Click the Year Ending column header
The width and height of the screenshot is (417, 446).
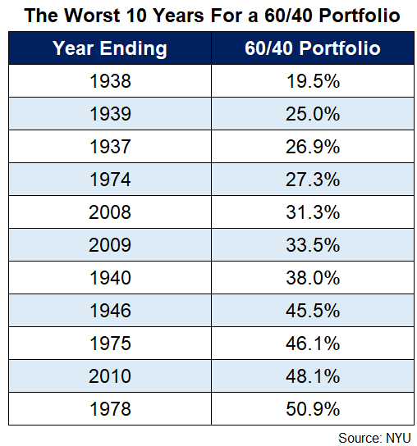110,48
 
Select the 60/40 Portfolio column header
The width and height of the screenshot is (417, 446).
313,48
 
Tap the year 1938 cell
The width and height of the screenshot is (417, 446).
110,81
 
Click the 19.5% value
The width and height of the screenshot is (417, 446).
313,81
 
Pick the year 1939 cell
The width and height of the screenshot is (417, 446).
110,114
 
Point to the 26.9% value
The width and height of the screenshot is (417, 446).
313,147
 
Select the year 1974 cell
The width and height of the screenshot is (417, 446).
110,180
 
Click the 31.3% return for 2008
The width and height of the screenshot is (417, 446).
313,212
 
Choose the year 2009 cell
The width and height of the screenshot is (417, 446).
110,245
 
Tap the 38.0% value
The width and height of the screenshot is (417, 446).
313,278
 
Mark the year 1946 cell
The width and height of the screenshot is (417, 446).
110,311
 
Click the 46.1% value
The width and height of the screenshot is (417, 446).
313,344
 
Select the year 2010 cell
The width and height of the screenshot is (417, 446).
110,376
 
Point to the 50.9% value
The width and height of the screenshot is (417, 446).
313,409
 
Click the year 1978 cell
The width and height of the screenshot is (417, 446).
110,409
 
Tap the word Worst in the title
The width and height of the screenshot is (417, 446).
92,15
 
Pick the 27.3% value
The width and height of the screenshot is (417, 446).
313,180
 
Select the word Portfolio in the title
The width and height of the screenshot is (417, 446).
360,15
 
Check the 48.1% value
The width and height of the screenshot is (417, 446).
313,376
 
